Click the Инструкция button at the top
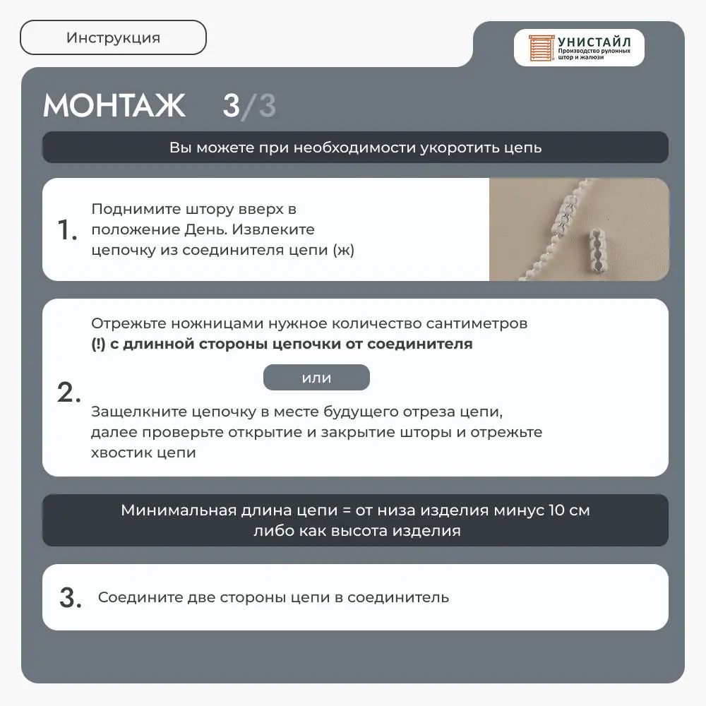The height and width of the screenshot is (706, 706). (113, 38)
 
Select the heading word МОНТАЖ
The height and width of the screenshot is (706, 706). (114, 106)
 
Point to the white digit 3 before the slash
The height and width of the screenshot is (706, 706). (231, 106)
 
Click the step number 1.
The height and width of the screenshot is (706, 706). (67, 230)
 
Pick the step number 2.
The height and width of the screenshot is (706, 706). (69, 393)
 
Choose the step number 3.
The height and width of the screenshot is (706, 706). (71, 598)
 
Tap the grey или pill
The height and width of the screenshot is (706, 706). (316, 378)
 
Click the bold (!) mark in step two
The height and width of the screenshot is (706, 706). (98, 345)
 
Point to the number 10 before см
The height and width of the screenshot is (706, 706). (556, 510)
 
